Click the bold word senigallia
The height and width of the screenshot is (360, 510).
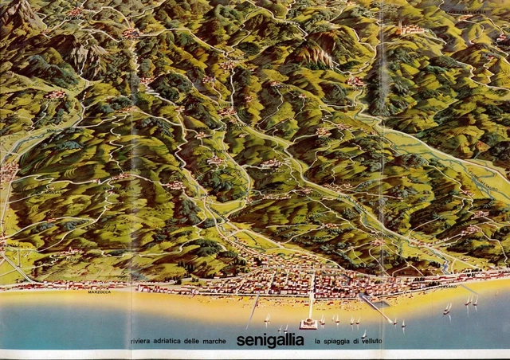[x=270, y=341]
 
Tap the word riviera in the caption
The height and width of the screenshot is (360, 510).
[x=142, y=342]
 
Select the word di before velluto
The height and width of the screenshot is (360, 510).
[x=366, y=342]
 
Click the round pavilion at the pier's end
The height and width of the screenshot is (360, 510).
[x=308, y=323]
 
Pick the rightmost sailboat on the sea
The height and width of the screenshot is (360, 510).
[x=475, y=300]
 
